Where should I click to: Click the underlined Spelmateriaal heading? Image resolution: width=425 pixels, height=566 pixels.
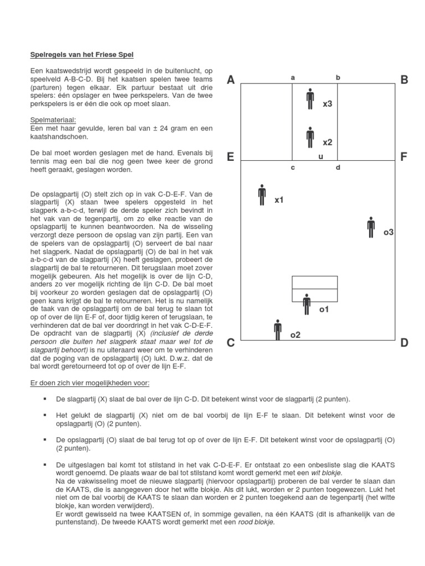point(53,119)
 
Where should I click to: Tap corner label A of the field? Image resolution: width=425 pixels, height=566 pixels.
point(231,80)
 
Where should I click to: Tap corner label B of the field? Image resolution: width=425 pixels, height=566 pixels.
point(404,80)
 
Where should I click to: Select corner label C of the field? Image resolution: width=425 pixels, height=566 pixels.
point(231,343)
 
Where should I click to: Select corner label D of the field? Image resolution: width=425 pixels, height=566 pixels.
point(404,343)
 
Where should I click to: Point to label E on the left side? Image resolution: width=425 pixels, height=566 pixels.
point(231,157)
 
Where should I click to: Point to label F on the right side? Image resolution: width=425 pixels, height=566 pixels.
point(404,157)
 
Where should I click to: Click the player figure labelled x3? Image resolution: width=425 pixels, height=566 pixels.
point(310,99)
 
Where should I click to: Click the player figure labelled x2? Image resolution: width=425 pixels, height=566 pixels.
point(310,137)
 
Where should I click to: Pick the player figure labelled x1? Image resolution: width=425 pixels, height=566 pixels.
point(262,194)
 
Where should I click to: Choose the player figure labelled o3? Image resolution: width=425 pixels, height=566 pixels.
point(371,227)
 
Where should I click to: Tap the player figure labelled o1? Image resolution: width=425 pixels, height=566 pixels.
point(307,304)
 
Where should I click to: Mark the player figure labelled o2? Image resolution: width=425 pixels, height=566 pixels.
point(277,330)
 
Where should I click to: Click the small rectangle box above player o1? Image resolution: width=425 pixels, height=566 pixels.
point(314,289)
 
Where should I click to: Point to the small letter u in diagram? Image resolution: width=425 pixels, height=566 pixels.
point(320,157)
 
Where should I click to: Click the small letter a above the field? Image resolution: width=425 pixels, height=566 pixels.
point(293,78)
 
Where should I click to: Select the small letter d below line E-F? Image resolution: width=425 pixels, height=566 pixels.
point(338,167)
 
